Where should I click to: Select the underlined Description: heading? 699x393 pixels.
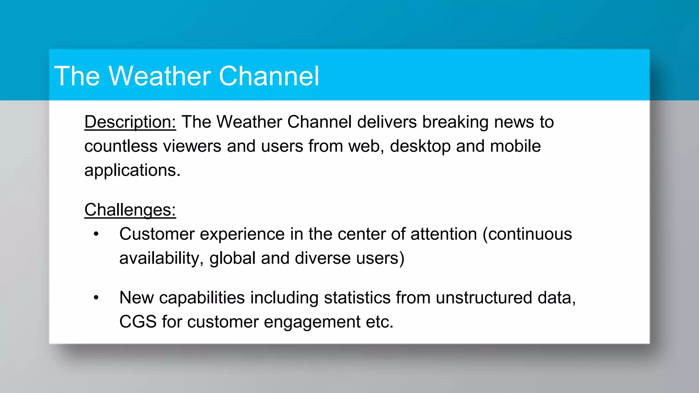(130, 122)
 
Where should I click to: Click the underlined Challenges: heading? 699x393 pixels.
(130, 210)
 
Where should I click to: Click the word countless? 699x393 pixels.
(121, 146)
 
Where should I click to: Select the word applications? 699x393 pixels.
(132, 170)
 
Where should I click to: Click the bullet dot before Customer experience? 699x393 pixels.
(96, 234)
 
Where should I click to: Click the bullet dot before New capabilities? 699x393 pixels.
(96, 298)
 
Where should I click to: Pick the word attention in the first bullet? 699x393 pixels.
(444, 234)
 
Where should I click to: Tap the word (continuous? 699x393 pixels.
(527, 234)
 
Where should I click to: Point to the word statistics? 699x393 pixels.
(357, 298)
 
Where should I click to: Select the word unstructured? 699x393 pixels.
(484, 298)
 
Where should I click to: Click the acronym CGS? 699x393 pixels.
(138, 322)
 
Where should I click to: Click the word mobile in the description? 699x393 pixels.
(515, 146)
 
